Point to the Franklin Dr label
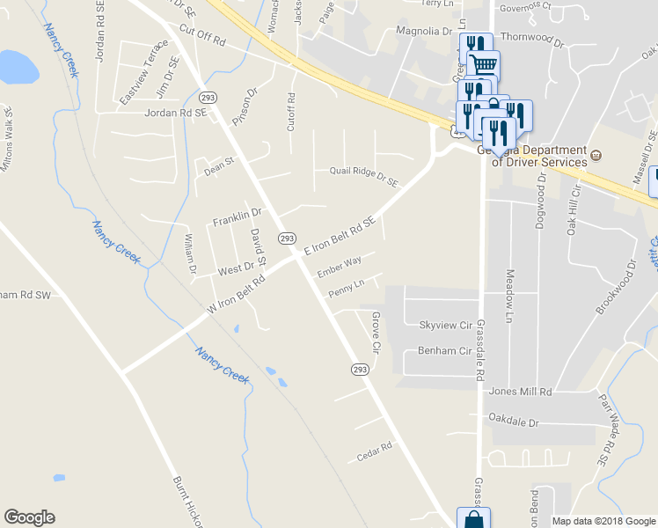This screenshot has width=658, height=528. tap(238, 213)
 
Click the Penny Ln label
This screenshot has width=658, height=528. tap(346, 287)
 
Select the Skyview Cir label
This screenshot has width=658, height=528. tap(446, 326)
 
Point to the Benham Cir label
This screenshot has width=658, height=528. tap(446, 350)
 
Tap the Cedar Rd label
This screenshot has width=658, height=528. tap(373, 453)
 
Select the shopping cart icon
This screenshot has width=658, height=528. tap(483, 64)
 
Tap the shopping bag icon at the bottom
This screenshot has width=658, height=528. tap(473, 519)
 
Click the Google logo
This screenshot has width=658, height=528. tap(29, 517)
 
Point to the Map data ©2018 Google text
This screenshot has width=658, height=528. tap(603, 521)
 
